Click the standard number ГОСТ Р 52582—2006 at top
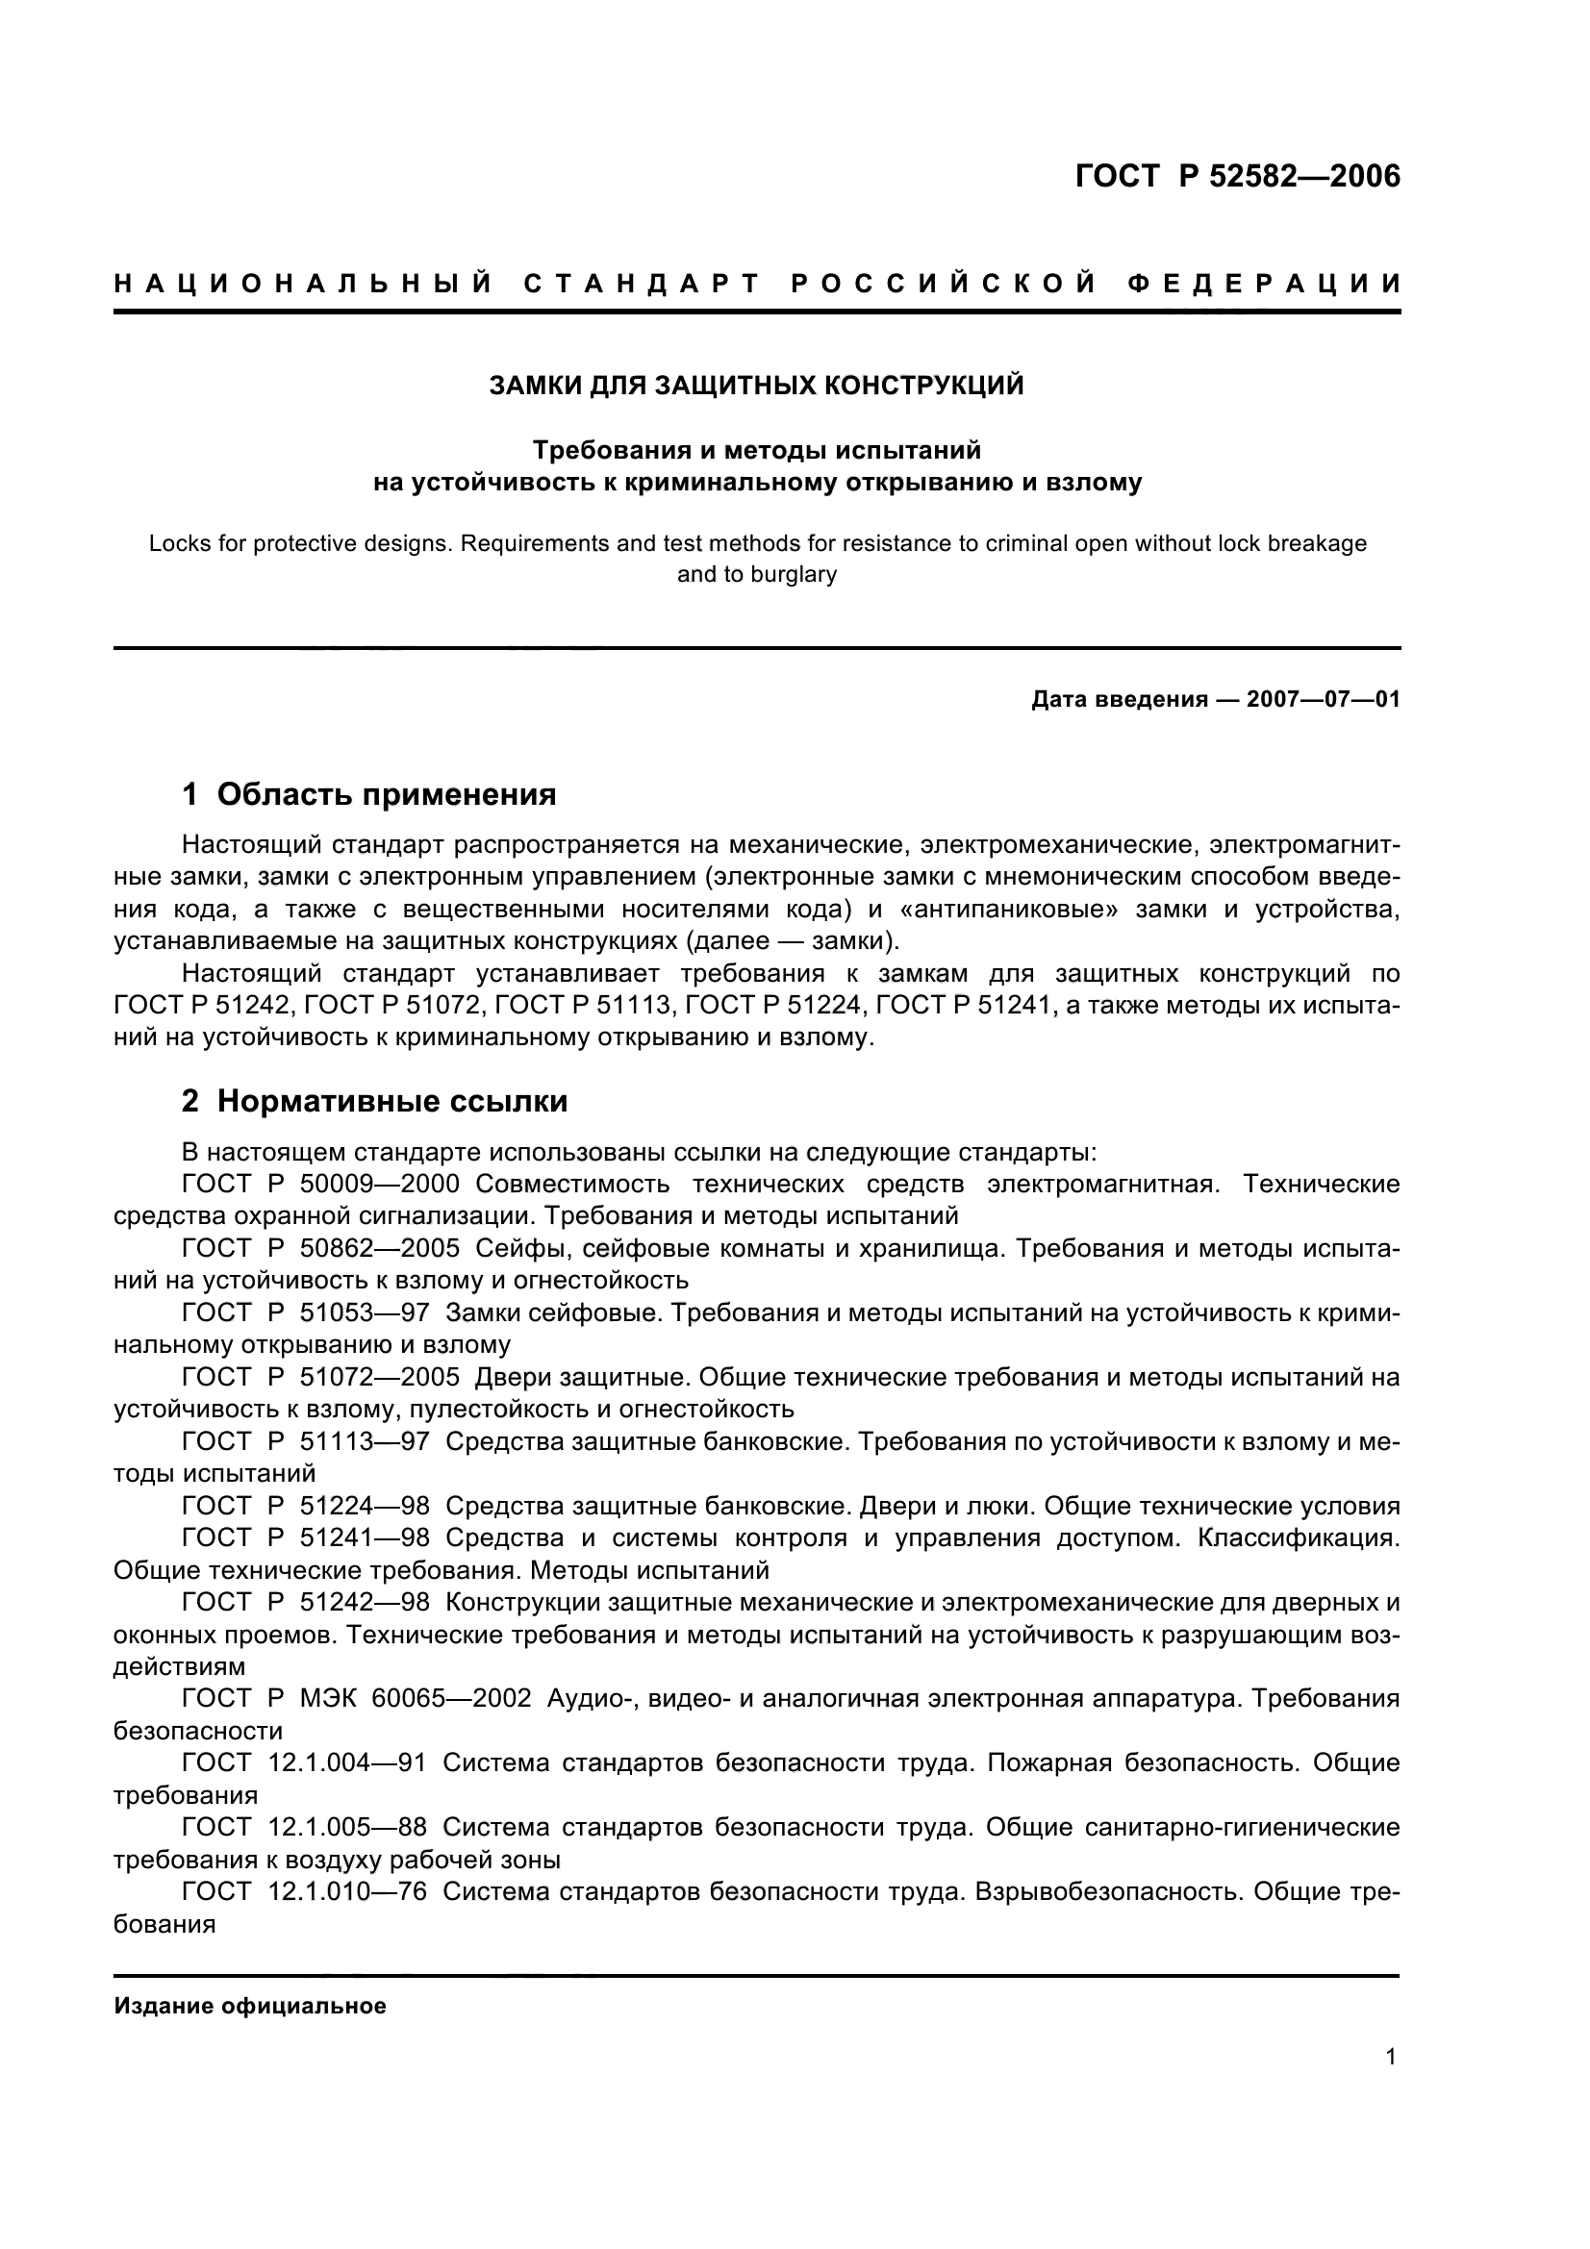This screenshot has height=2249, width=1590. click(x=1237, y=176)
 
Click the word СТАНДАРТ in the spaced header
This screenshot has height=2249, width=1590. click(x=643, y=284)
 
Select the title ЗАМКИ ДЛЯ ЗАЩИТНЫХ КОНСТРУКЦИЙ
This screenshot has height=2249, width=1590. click(x=756, y=386)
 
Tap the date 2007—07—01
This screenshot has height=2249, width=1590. click(x=1323, y=699)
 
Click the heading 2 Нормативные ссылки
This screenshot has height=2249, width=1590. click(x=374, y=1101)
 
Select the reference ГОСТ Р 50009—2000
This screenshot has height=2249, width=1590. click(x=320, y=1184)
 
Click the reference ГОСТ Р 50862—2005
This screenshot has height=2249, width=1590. click(x=320, y=1248)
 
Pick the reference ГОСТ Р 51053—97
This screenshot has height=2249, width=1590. click(x=306, y=1312)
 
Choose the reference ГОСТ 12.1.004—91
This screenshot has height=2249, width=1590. click(x=304, y=1762)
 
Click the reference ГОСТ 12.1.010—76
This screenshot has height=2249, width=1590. click(x=304, y=1891)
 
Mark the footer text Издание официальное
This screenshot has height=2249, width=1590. click(x=250, y=2006)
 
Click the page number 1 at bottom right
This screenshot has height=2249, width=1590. click(x=1390, y=2085)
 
